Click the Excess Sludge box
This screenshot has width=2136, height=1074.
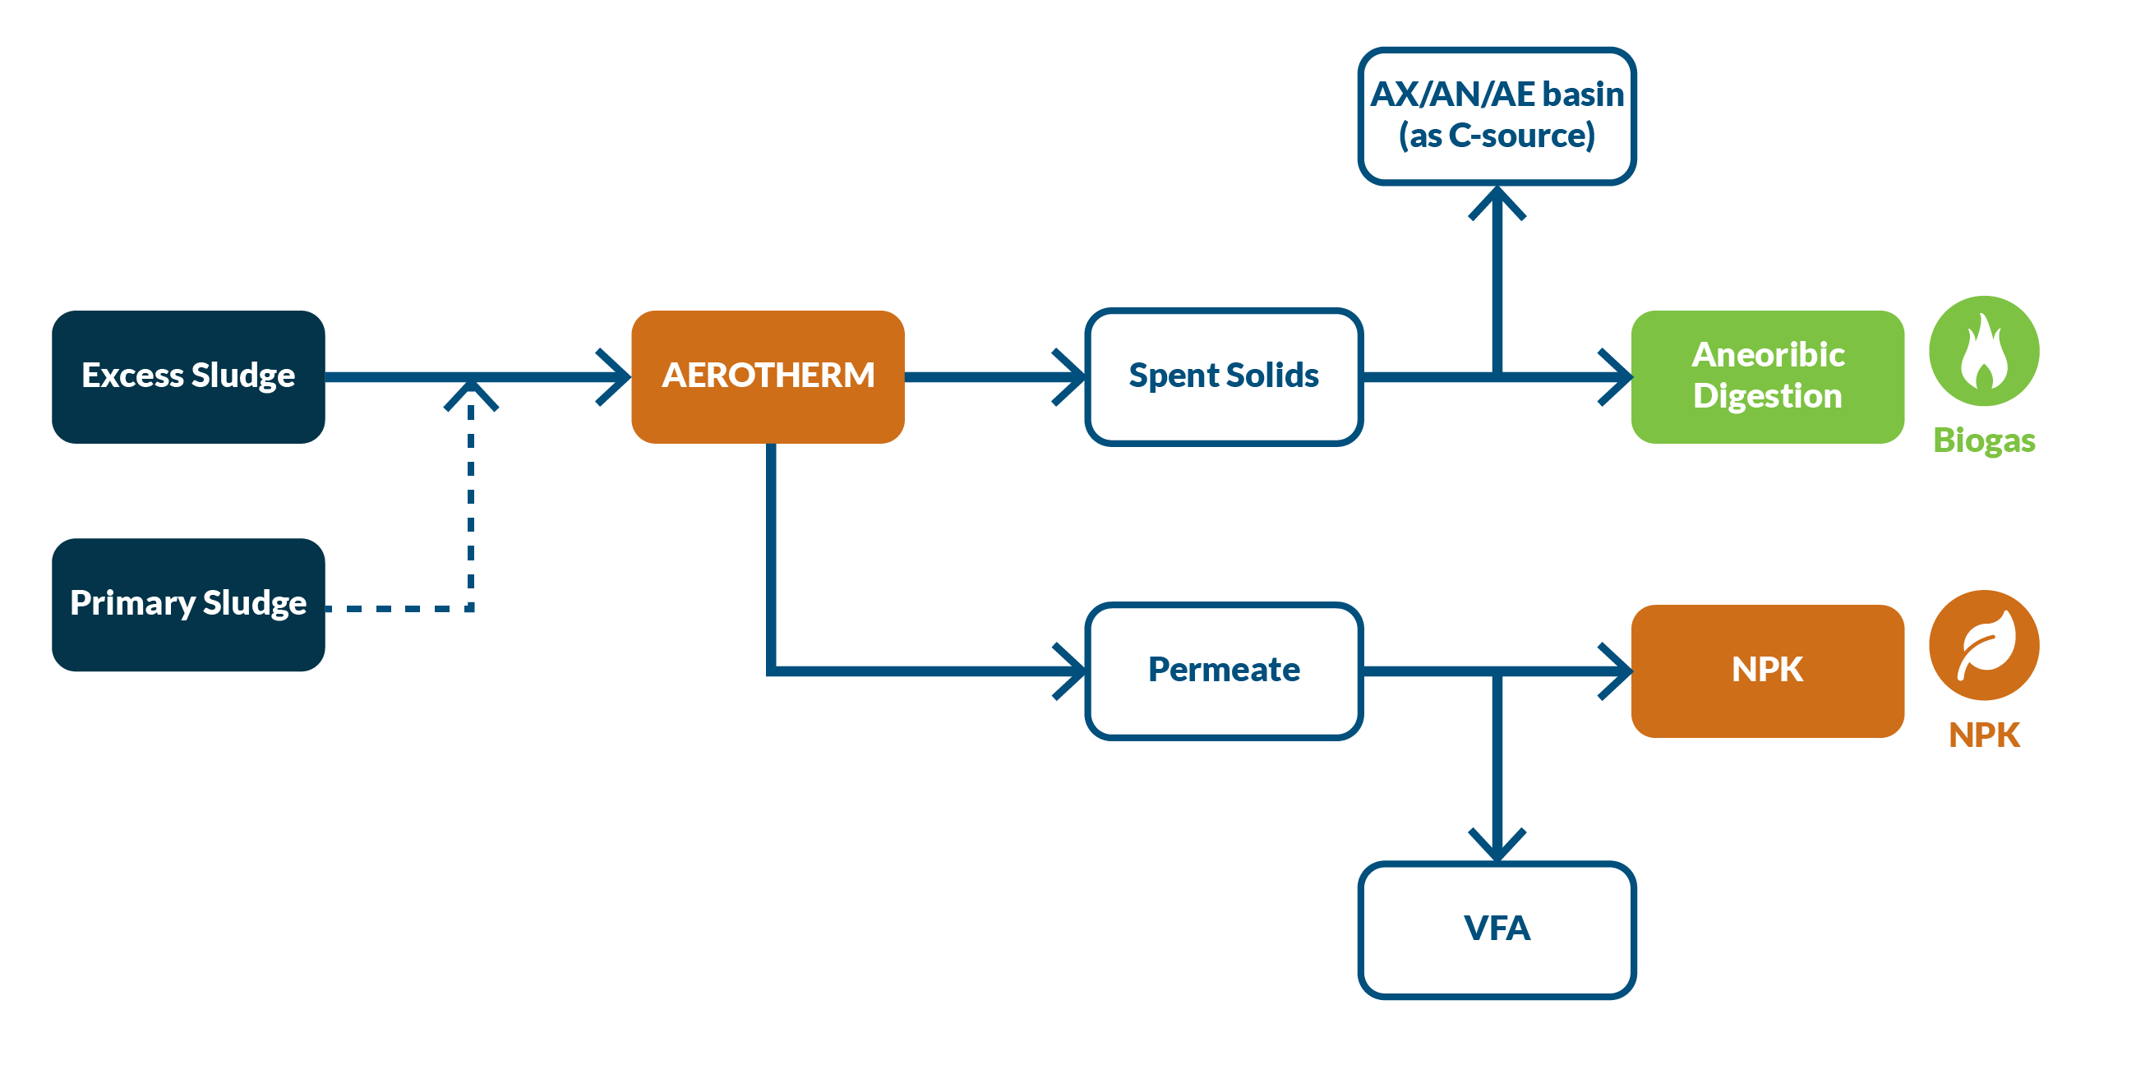(x=188, y=377)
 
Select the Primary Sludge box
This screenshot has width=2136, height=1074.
(x=188, y=605)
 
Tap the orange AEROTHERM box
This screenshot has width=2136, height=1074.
(x=767, y=377)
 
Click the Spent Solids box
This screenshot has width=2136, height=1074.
(x=1223, y=377)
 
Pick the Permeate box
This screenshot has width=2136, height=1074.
(x=1223, y=671)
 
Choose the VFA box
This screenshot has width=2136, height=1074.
(x=1497, y=929)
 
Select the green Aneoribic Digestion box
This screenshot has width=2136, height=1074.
(x=1767, y=377)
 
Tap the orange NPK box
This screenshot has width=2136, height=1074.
(x=1767, y=671)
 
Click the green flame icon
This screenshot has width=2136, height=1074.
(x=1983, y=352)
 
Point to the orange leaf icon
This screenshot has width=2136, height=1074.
(x=1983, y=645)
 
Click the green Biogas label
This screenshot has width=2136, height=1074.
(x=1983, y=440)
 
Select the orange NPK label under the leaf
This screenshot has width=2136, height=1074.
(x=1983, y=735)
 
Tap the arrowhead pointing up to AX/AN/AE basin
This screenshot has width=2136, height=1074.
(x=1497, y=201)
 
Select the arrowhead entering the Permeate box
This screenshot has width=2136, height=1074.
(x=1073, y=671)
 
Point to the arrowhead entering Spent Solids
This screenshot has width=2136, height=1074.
(x=1073, y=377)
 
